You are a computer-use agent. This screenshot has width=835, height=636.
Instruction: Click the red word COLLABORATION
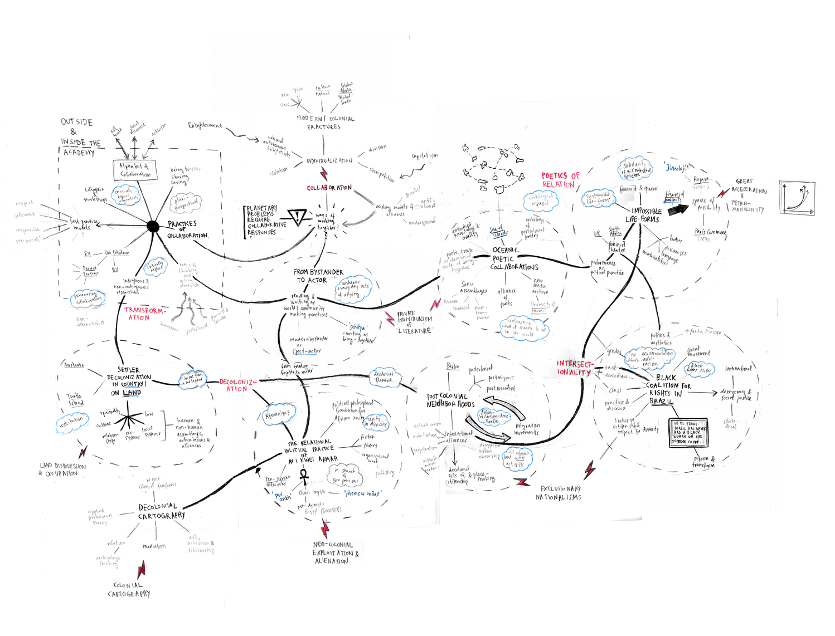tap(329, 188)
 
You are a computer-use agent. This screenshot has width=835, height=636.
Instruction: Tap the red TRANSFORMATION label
tap(143, 314)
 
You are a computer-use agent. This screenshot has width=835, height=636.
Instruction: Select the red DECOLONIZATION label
tap(237, 385)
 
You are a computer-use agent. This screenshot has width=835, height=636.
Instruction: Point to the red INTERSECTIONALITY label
tap(574, 368)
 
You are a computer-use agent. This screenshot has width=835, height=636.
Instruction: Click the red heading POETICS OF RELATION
tap(560, 179)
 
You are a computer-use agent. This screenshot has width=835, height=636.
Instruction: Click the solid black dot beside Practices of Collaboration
tap(152, 226)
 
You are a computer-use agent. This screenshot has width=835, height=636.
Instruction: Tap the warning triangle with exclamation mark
tap(298, 217)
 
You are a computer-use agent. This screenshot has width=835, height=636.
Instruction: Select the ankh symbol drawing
tap(304, 477)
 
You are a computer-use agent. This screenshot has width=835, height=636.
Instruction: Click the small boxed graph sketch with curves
tap(797, 197)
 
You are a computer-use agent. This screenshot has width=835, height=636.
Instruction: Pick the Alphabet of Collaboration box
tap(135, 170)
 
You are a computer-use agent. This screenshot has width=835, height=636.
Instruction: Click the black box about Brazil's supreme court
tap(690, 432)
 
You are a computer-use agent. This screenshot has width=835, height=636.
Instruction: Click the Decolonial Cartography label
tap(161, 511)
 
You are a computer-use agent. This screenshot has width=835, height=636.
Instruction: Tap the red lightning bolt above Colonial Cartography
tap(142, 569)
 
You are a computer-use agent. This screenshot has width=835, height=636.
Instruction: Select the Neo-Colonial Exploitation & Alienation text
tap(335, 552)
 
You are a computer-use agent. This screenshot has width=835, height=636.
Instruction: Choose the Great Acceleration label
tap(748, 186)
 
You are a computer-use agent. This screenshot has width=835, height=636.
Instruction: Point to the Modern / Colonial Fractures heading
tap(325, 123)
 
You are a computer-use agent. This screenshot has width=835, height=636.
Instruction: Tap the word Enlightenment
tap(205, 126)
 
